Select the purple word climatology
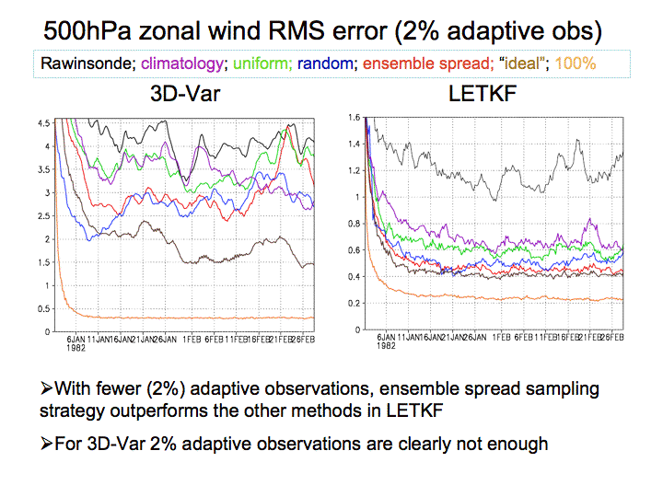point(172,64)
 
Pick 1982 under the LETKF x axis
point(387,346)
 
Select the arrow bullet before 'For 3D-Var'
point(48,445)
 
